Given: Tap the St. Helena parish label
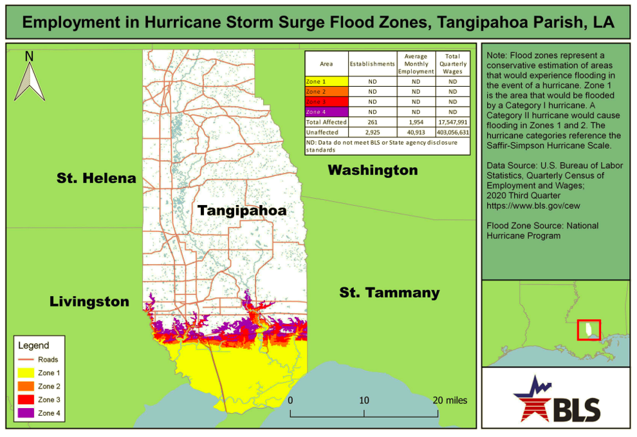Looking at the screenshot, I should [96, 178].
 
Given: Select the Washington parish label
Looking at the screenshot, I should [373, 170].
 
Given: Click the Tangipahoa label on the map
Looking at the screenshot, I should [241, 211].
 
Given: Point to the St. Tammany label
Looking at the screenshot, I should [389, 293].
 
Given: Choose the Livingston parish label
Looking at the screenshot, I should [89, 301].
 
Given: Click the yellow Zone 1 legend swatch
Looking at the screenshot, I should [26, 373].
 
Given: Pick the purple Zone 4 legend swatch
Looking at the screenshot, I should [26, 413].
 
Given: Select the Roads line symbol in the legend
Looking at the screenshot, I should [26, 360].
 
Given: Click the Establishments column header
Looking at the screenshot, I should [372, 64].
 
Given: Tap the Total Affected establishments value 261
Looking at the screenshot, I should [372, 122].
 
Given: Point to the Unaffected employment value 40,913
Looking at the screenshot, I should [416, 132].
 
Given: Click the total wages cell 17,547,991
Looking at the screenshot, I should [454, 122].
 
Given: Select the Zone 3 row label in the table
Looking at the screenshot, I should [316, 102].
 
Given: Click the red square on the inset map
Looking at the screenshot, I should [588, 330].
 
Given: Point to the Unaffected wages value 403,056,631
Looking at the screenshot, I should [454, 132].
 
